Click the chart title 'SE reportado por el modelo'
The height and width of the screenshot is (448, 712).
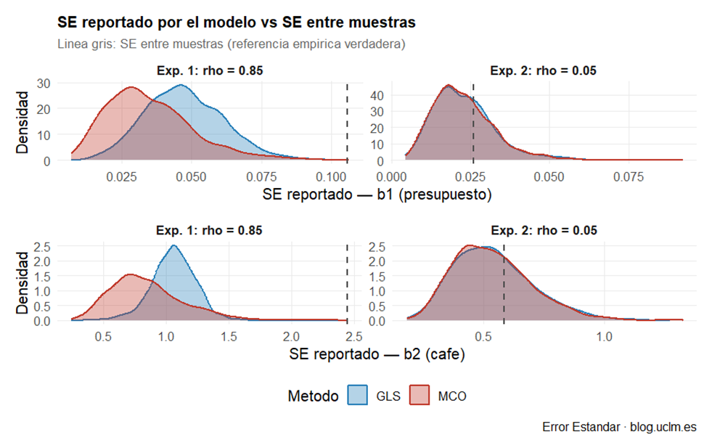(x=236, y=23)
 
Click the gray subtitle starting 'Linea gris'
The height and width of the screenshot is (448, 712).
(x=231, y=44)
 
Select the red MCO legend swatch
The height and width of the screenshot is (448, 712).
(x=422, y=396)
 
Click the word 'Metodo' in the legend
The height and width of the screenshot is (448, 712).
(x=313, y=396)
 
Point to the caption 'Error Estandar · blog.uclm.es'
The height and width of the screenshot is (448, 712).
(x=619, y=427)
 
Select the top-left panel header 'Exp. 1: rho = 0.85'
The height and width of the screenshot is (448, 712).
(x=209, y=71)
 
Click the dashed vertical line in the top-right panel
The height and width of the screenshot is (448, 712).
(x=473, y=123)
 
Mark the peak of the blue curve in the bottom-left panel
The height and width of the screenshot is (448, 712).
(x=173, y=245)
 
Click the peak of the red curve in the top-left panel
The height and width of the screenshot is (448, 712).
(x=131, y=87)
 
